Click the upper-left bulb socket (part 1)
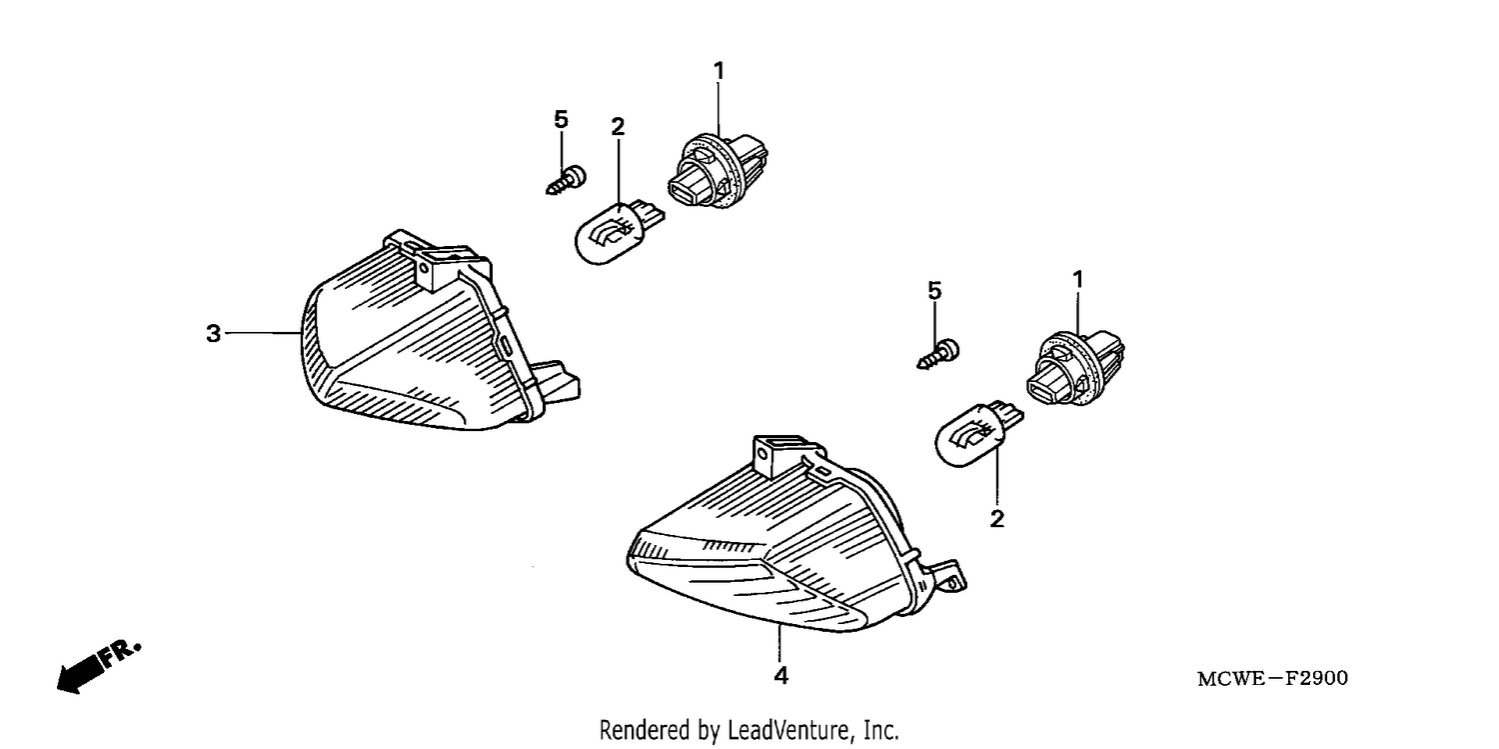[719, 171]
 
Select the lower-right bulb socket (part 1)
[1076, 369]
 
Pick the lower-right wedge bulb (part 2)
[978, 434]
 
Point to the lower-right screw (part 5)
[938, 355]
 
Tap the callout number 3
[214, 333]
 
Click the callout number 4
[780, 676]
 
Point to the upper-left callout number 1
[719, 70]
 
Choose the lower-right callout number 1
[1077, 279]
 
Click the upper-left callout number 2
[618, 126]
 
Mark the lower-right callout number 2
[997, 519]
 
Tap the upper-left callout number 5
[561, 120]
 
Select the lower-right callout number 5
[934, 290]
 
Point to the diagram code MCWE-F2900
[1273, 679]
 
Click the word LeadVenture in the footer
[787, 730]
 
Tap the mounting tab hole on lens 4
[762, 454]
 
